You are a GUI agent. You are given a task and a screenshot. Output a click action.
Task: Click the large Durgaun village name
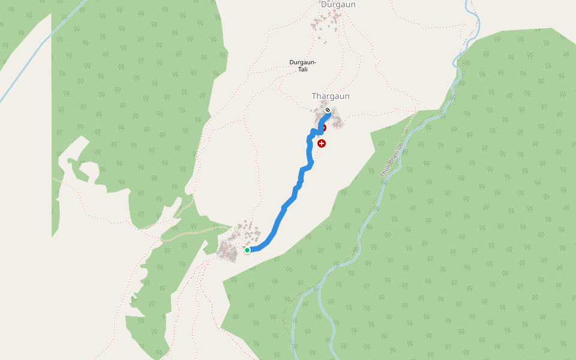click(338, 5)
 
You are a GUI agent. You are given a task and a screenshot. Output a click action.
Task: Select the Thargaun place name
click(330, 96)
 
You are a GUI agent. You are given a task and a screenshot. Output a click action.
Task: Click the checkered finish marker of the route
click(328, 110)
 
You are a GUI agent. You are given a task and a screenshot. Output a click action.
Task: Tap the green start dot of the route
click(247, 250)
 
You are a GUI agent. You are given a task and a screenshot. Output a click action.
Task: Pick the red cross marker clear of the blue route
click(322, 143)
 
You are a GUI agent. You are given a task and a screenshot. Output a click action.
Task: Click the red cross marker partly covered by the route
click(324, 127)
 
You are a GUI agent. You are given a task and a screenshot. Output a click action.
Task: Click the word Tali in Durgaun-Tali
click(303, 70)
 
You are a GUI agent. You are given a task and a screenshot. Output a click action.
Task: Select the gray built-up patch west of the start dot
click(229, 250)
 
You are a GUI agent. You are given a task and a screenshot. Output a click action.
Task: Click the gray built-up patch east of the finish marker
click(337, 122)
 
